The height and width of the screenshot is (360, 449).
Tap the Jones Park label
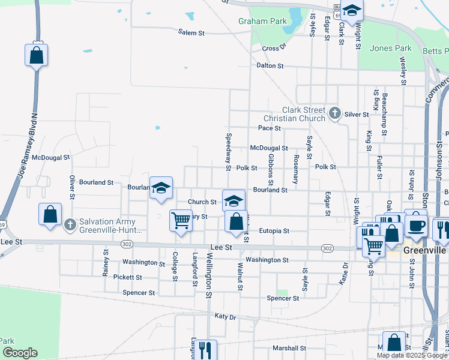(391, 49)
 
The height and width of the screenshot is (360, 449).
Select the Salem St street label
(191, 32)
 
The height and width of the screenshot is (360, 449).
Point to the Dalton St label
(270, 65)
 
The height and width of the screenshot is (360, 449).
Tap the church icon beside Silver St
(336, 112)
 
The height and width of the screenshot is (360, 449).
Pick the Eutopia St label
(274, 230)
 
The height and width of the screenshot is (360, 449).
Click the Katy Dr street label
(225, 316)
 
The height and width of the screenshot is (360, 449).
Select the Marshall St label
(289, 348)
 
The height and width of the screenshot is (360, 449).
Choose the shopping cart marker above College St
(180, 220)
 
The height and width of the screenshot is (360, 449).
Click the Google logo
(19, 353)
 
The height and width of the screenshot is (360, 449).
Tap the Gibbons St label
(271, 169)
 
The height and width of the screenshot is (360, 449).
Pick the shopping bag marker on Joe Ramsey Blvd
(36, 55)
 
